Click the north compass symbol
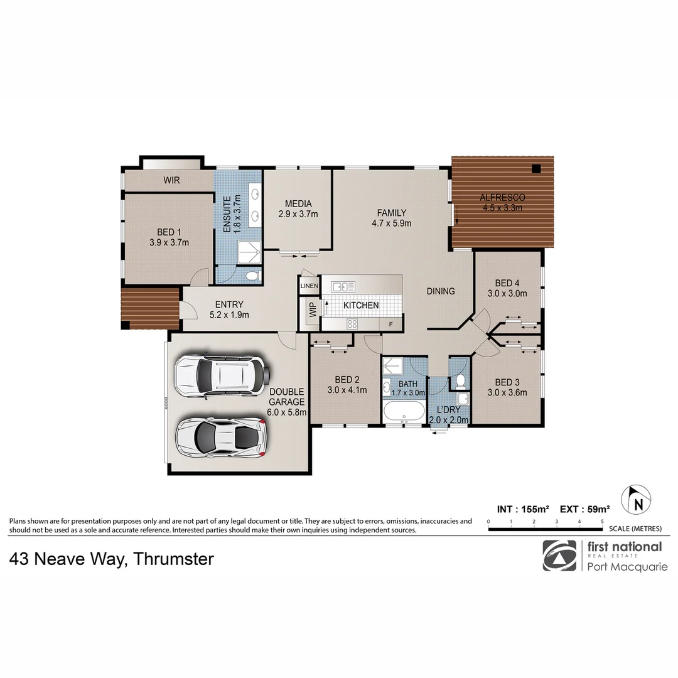tap(637, 500)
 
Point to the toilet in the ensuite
tap(252, 276)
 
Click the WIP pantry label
tap(312, 311)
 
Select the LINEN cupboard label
tap(309, 286)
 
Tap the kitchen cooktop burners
tap(353, 324)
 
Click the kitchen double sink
tap(343, 287)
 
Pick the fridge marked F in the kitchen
tap(391, 325)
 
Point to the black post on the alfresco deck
tap(535, 168)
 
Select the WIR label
tap(171, 181)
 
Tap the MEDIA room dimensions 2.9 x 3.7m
tap(298, 214)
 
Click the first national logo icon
tap(559, 556)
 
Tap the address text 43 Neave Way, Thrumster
tap(112, 559)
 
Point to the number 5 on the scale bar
tap(602, 522)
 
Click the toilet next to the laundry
tap(460, 380)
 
